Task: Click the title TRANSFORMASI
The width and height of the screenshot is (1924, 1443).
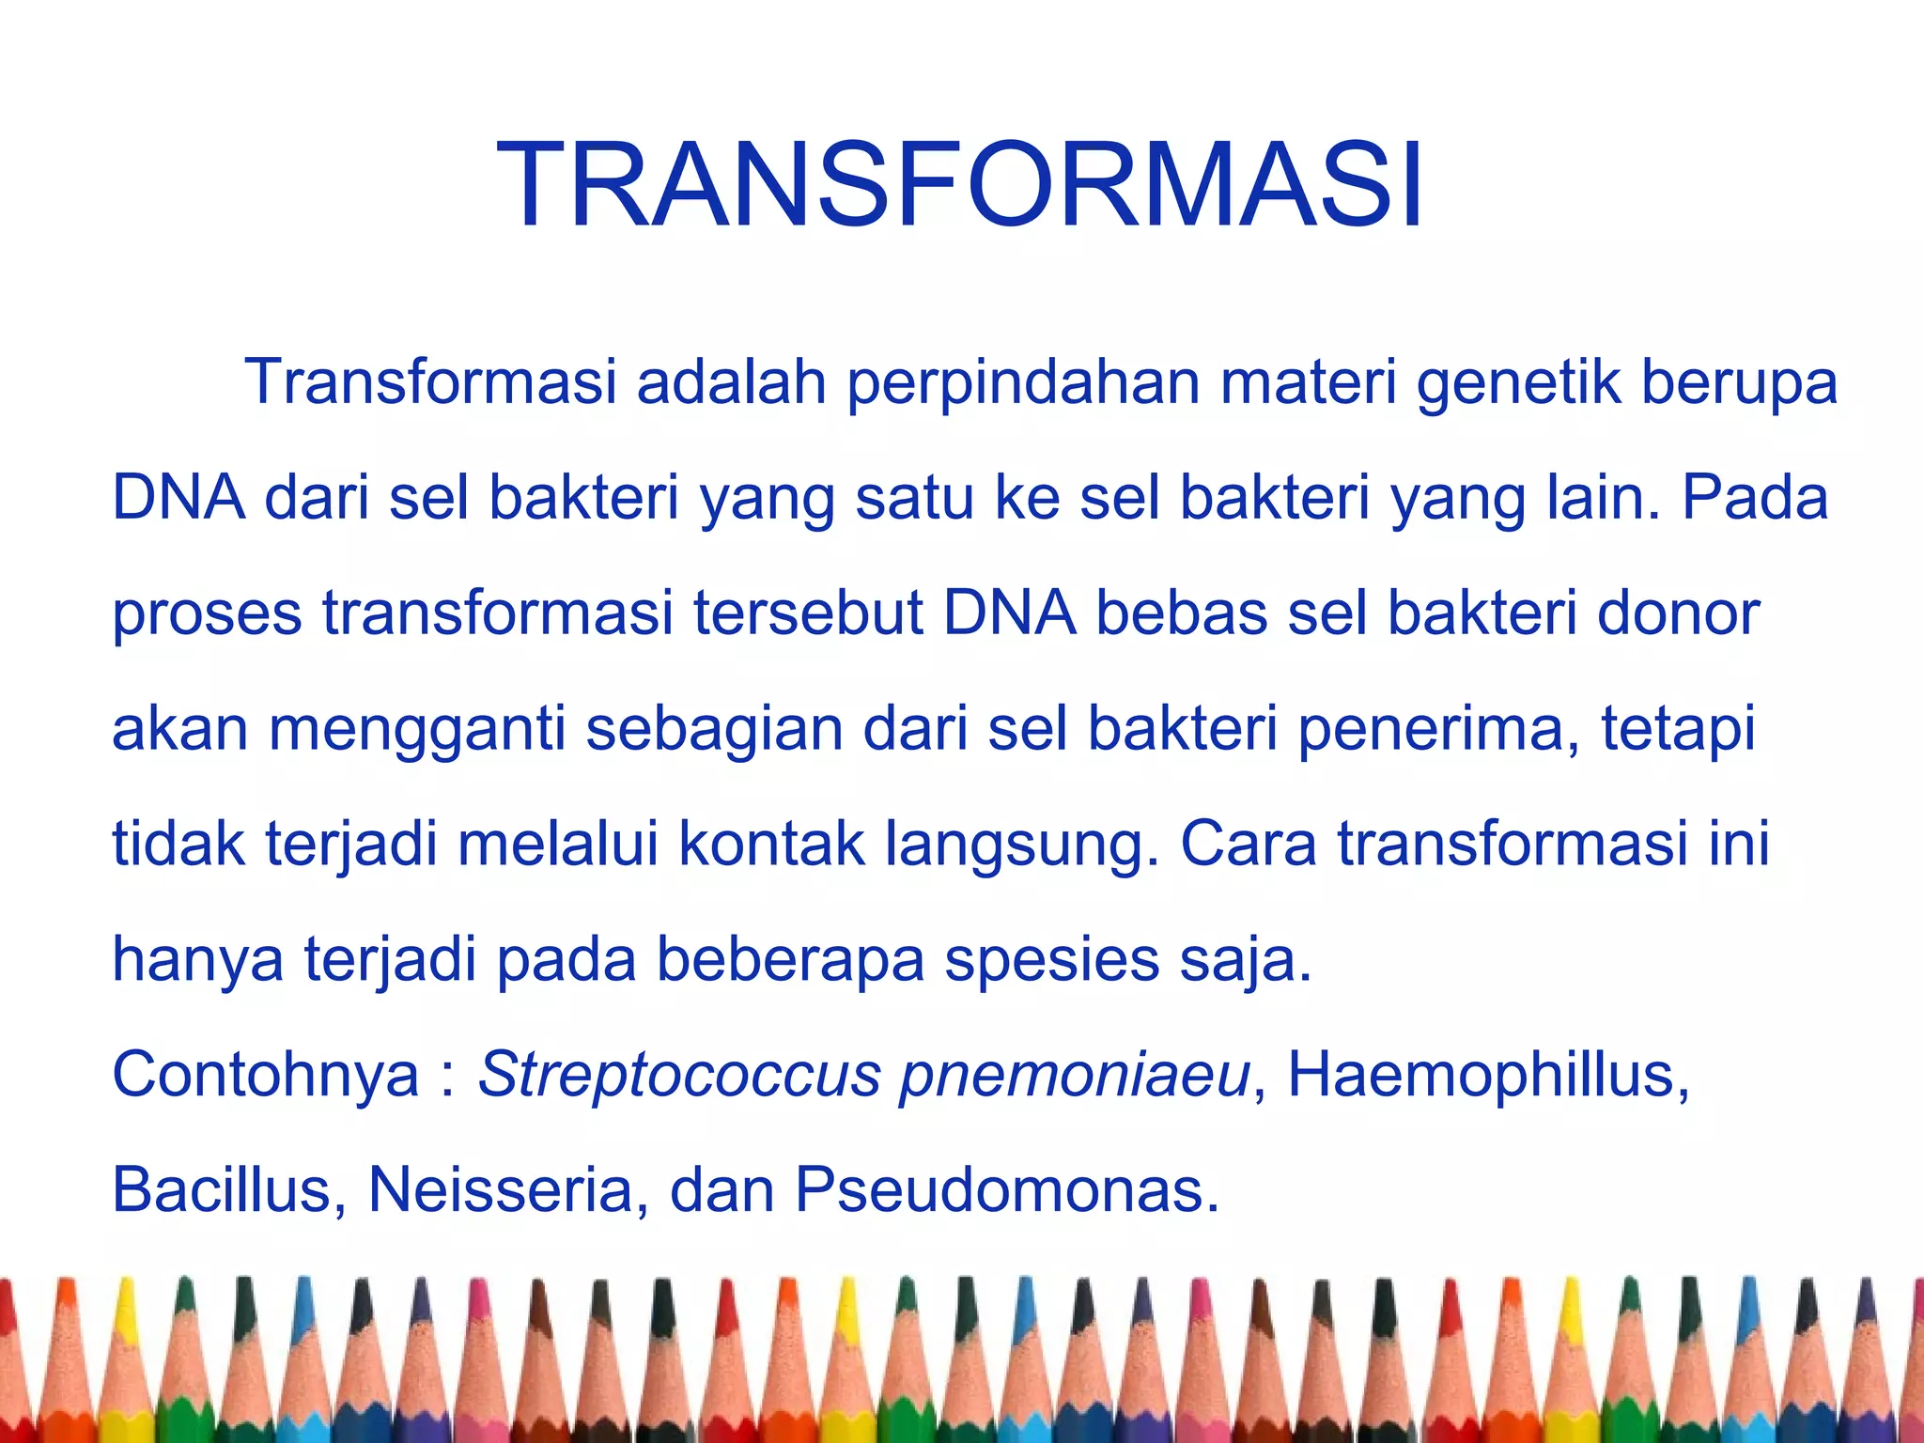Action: pos(960,185)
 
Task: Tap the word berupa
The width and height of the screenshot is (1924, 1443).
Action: pos(1739,383)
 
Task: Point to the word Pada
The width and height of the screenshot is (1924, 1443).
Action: pos(1754,498)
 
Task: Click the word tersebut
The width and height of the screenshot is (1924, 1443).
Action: pos(809,613)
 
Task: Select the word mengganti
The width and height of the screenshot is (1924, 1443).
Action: pos(417,729)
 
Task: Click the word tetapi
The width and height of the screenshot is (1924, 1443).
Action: pos(1678,729)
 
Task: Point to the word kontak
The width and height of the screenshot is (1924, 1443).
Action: pos(771,844)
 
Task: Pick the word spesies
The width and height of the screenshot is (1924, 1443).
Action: pos(1052,959)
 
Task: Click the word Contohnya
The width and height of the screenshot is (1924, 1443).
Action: pos(266,1075)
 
